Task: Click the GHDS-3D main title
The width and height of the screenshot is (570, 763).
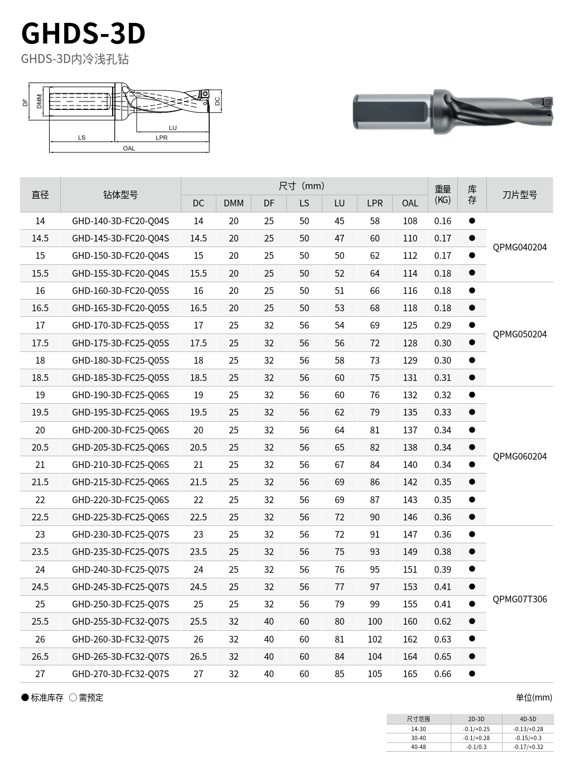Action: [x=83, y=33]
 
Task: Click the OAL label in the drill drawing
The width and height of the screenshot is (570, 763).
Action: [x=129, y=148]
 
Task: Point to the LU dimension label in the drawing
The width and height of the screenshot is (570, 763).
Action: [x=173, y=128]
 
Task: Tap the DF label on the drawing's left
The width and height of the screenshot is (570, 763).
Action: [x=25, y=102]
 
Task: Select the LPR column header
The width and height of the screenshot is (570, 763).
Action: [x=375, y=203]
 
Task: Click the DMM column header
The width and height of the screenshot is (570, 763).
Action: [x=234, y=203]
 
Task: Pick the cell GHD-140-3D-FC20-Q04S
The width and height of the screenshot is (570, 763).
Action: [x=120, y=221]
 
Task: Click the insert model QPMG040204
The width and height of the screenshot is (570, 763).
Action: [x=520, y=247]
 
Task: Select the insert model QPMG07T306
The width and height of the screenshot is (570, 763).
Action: [x=520, y=599]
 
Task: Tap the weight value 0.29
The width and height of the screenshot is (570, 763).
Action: [x=443, y=325]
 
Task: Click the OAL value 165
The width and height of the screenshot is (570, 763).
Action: [x=410, y=674]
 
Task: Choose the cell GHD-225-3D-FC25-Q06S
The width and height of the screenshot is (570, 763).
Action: [x=120, y=517]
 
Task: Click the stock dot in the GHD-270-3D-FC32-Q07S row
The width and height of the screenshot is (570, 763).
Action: [x=472, y=673]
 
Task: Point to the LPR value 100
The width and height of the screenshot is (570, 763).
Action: [x=375, y=621]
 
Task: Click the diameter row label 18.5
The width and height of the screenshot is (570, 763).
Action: [x=40, y=378]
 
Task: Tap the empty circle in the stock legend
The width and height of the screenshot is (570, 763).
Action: [x=73, y=698]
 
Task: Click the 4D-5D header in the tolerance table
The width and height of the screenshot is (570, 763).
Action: [x=528, y=719]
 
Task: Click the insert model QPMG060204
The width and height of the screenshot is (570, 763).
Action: [x=520, y=456]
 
